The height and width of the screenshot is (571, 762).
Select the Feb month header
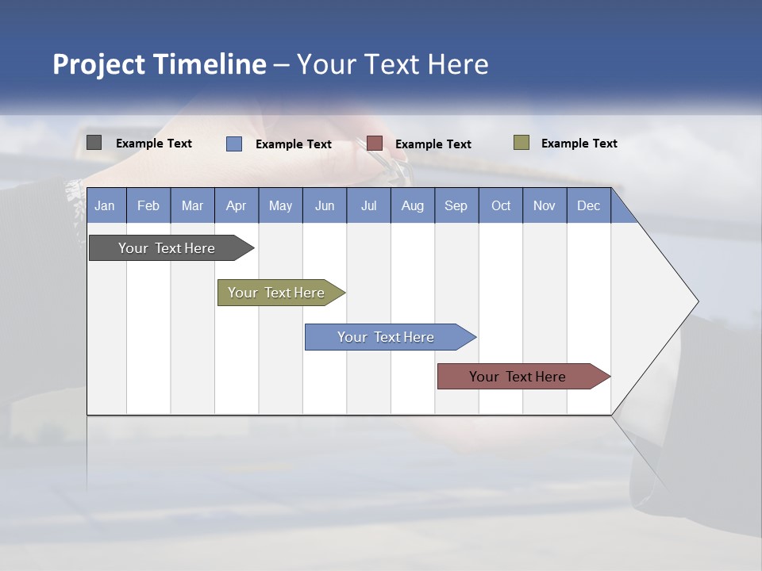point(148,205)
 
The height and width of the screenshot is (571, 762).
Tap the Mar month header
point(192,205)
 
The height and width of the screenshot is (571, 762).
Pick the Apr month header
point(237,205)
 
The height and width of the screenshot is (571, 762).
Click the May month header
point(280,205)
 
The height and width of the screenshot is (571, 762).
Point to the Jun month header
point(325,205)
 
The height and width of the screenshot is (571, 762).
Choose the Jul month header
point(368,205)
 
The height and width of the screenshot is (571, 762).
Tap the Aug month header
point(413,205)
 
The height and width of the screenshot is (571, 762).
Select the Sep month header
point(456,205)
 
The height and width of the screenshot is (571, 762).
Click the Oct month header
point(501,205)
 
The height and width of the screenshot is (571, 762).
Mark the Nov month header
point(545,205)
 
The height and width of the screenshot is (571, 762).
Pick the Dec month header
point(588,205)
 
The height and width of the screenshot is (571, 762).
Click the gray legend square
point(94,143)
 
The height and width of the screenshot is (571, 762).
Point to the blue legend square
point(234,144)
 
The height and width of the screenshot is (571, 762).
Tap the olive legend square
point(521,143)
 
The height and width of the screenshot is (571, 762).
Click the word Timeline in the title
point(209,64)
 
